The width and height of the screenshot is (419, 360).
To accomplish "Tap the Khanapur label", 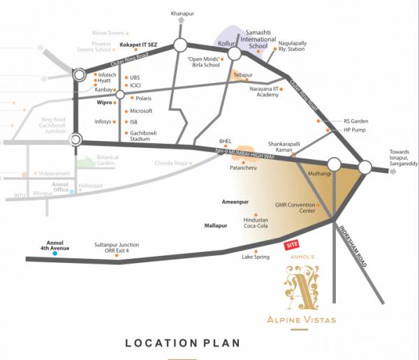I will (x=184, y=13).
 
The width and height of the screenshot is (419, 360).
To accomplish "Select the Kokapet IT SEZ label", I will (x=139, y=45).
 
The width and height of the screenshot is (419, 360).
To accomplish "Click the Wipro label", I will (x=103, y=102).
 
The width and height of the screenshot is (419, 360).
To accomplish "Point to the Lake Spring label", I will (x=255, y=257).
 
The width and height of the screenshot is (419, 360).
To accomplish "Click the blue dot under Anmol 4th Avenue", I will (x=54, y=254).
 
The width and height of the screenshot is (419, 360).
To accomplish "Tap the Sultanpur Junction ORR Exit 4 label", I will (x=117, y=248).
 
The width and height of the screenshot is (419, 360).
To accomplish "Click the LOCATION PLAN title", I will (x=182, y=343).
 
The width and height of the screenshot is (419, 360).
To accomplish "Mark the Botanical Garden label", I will (x=108, y=160).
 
